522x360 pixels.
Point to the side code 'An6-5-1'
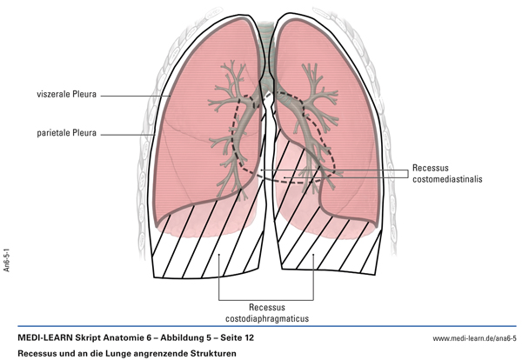coord(7,258)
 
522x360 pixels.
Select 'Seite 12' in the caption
coord(233,337)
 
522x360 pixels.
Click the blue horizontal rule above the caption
coord(261,327)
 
